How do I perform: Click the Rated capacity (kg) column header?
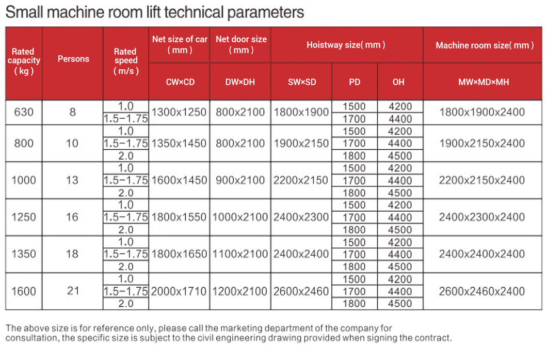click(23, 61)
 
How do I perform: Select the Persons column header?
click(73, 59)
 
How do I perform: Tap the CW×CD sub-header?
click(180, 82)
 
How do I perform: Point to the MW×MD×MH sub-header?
click(484, 82)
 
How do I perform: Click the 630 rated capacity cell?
click(24, 112)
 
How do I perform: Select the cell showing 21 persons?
click(73, 291)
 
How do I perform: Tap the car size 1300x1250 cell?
click(179, 112)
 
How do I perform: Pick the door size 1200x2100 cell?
click(240, 291)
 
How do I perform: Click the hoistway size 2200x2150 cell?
click(301, 180)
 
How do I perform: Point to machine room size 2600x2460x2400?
click(482, 291)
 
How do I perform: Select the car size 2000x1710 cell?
click(179, 291)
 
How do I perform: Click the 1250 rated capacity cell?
click(24, 217)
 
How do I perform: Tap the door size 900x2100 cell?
click(240, 180)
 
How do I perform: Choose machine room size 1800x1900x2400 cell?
click(482, 112)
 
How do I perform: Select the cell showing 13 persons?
click(73, 180)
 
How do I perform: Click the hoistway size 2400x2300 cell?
click(301, 217)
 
